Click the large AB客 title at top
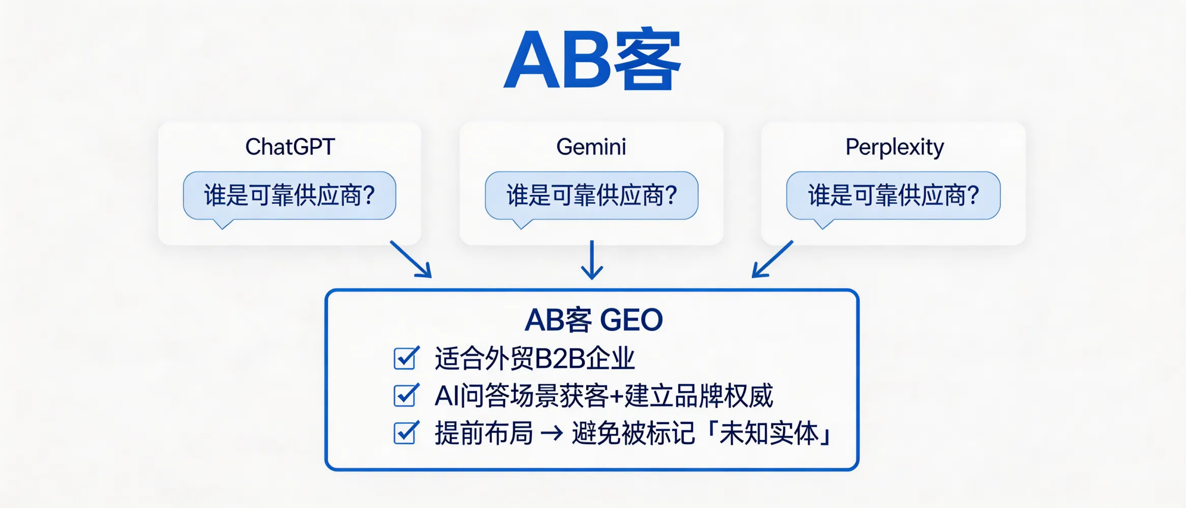pyautogui.click(x=592, y=60)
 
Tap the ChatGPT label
pyautogui.click(x=290, y=147)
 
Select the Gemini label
pyautogui.click(x=591, y=147)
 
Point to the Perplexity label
pyautogui.click(x=894, y=147)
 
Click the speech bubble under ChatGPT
pyautogui.click(x=289, y=196)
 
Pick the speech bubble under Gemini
pyautogui.click(x=591, y=196)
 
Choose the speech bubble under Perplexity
pyautogui.click(x=893, y=196)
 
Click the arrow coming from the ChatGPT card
pyautogui.click(x=411, y=260)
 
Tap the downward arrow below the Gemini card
pyautogui.click(x=592, y=260)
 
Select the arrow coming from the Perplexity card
pyautogui.click(x=772, y=260)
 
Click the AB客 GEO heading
pyautogui.click(x=593, y=320)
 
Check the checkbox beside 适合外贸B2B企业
pyautogui.click(x=406, y=358)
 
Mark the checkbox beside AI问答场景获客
pyautogui.click(x=406, y=396)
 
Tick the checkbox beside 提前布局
pyautogui.click(x=406, y=433)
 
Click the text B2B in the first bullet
pyautogui.click(x=560, y=359)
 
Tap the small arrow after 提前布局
pyautogui.click(x=552, y=434)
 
